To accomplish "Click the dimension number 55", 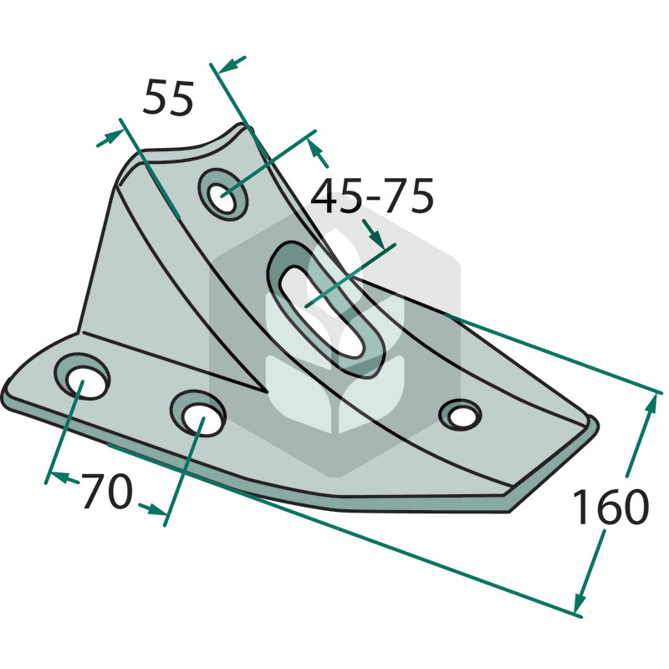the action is pyautogui.click(x=169, y=98).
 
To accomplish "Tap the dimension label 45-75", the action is pyautogui.click(x=372, y=197).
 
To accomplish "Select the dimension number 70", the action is pyautogui.click(x=107, y=492).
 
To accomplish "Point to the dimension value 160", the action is pyautogui.click(x=610, y=507).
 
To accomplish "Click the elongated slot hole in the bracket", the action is pyautogui.click(x=325, y=310).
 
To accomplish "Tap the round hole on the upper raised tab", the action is pyautogui.click(x=223, y=195).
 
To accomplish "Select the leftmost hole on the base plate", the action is pyautogui.click(x=82, y=377).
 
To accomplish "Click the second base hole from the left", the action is pyautogui.click(x=197, y=413).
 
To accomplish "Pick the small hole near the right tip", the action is pyautogui.click(x=461, y=415).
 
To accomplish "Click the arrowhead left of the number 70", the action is pyautogui.click(x=59, y=476).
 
